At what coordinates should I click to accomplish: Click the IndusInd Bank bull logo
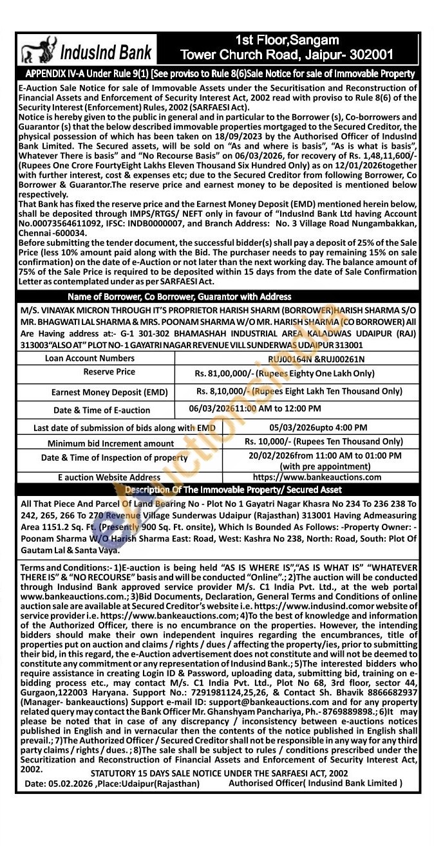37,50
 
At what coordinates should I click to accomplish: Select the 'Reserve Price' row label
109,372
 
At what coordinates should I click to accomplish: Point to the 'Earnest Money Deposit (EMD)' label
109,392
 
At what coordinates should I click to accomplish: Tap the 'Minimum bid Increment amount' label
110,443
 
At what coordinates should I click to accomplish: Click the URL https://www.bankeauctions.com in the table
317,477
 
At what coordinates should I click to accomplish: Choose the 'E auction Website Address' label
109,478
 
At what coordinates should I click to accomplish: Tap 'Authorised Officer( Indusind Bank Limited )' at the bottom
316,783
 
